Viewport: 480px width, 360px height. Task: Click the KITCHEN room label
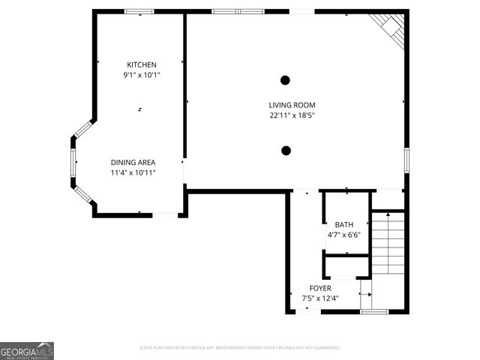(141, 64)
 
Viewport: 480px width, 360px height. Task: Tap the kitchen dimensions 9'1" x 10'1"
(141, 75)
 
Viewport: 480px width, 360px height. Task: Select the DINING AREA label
(133, 162)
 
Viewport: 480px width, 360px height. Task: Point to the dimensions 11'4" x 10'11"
(133, 172)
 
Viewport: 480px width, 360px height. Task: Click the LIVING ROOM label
(292, 105)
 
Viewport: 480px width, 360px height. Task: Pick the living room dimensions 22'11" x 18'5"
(292, 115)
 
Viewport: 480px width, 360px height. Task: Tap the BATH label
(344, 224)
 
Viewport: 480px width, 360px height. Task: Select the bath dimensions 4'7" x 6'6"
(344, 235)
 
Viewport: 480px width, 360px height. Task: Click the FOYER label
(320, 288)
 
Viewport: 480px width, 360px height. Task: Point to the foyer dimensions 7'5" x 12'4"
(320, 298)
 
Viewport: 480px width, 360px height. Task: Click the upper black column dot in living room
(286, 79)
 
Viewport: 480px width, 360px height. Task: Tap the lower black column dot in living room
(286, 151)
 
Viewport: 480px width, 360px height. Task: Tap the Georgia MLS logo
(27, 351)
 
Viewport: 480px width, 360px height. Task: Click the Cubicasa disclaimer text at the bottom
(240, 348)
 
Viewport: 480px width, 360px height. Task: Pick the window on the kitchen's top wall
(139, 11)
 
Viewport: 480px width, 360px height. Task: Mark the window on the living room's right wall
(406, 160)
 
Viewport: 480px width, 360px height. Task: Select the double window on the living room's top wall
(238, 11)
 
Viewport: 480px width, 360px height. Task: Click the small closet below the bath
(346, 267)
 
